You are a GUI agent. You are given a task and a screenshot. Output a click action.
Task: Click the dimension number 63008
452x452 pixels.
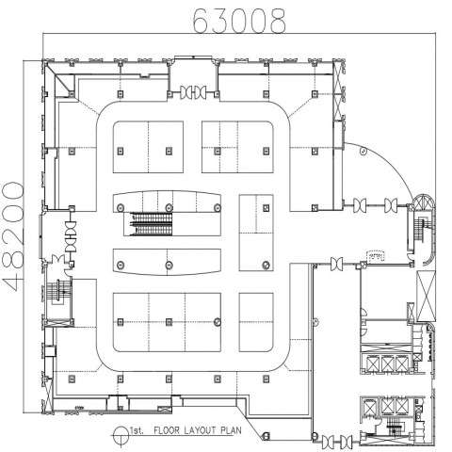coord(239,22)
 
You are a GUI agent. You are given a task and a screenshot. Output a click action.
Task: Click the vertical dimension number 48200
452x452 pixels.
coord(13,236)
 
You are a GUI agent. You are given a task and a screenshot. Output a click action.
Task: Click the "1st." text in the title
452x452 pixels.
coord(137,430)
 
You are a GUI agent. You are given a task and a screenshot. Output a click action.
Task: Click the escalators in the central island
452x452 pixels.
coord(152,224)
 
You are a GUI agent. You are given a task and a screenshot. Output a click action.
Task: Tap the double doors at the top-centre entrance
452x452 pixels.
coord(193,92)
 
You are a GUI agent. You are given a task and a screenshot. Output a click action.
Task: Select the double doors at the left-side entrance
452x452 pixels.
coord(71,236)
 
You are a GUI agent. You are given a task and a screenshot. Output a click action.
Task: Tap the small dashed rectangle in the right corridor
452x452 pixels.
coord(376,256)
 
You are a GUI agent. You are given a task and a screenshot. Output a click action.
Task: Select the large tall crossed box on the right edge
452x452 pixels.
coord(427,296)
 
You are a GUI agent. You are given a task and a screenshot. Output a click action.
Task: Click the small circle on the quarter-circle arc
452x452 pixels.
coord(363,152)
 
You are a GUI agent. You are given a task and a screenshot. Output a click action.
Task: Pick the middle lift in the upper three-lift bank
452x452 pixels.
coord(387,363)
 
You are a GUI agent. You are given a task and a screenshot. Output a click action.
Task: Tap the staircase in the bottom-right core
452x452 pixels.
coord(394,429)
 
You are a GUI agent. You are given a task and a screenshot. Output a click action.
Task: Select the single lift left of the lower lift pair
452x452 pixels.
coord(369,407)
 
